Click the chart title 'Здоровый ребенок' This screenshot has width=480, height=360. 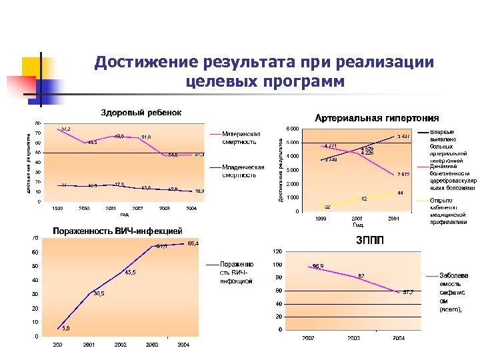point(141,112)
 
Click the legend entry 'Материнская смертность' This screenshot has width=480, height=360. point(241,137)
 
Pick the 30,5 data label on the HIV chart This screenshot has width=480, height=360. point(99,293)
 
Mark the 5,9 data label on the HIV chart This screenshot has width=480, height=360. point(67,327)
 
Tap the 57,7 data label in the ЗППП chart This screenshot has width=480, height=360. point(407,292)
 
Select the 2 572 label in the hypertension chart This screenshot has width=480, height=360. point(403,175)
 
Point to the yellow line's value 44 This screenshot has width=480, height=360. point(399,193)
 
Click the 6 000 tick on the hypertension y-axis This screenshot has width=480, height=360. point(292,128)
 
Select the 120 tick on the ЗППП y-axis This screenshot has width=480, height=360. point(275,251)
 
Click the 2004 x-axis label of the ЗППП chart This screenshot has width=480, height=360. point(398,338)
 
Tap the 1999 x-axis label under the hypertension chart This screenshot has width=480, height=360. point(321,218)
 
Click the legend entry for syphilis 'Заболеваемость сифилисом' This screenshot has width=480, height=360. point(453,293)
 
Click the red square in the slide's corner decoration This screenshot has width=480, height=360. point(17,85)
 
